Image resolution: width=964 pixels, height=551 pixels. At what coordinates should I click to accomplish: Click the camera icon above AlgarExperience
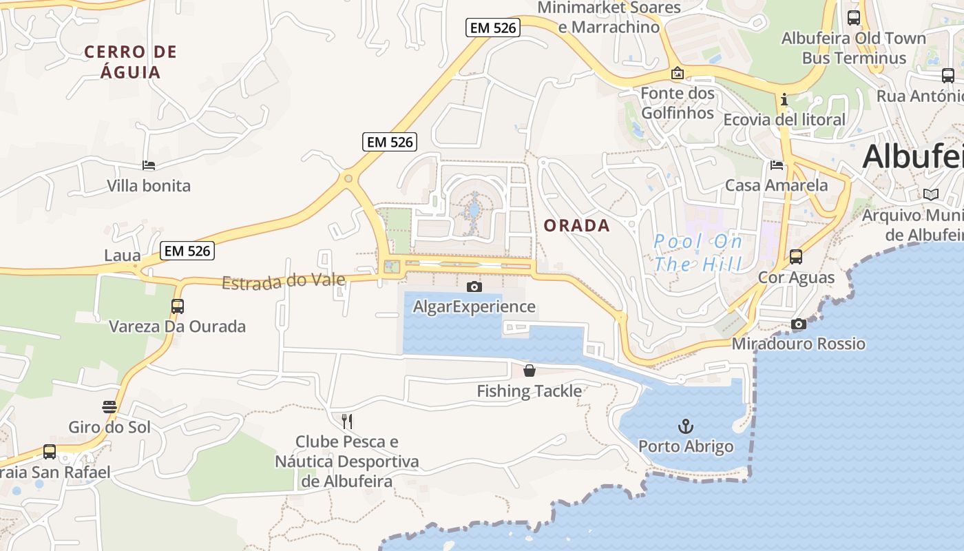tap(474, 287)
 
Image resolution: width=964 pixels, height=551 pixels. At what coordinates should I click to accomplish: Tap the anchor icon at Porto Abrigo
tap(685, 426)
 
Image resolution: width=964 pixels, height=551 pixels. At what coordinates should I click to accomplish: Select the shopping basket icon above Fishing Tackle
tap(530, 371)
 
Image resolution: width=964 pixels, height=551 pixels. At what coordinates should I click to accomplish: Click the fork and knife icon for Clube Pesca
tap(347, 421)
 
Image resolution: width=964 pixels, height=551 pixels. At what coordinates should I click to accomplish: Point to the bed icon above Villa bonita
tap(149, 165)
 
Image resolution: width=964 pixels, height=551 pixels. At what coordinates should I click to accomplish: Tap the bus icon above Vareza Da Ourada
tap(178, 306)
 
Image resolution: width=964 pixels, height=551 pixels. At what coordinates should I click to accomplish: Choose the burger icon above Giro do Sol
tap(109, 407)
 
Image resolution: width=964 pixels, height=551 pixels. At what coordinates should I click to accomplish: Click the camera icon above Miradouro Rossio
tap(799, 324)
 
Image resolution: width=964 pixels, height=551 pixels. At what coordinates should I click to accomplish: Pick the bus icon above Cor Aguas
tap(796, 257)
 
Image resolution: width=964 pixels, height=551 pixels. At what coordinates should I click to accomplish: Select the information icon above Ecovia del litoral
tap(784, 100)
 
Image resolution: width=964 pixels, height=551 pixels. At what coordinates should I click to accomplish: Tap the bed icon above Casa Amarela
tap(777, 165)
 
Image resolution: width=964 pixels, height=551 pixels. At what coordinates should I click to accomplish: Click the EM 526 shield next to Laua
tap(188, 251)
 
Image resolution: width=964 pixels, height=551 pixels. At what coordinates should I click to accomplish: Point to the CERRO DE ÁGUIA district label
tap(131, 62)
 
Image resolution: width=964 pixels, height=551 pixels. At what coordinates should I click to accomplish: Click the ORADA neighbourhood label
tap(577, 225)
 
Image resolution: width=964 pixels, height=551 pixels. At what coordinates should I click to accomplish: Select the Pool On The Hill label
tap(698, 253)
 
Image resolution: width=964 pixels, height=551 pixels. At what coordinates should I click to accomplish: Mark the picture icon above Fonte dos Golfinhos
tap(678, 73)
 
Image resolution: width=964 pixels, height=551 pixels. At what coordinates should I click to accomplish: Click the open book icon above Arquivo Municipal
tap(931, 195)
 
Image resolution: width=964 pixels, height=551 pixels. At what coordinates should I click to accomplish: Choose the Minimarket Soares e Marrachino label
tap(609, 17)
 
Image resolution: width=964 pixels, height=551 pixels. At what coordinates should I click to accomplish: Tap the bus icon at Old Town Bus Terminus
tap(854, 18)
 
